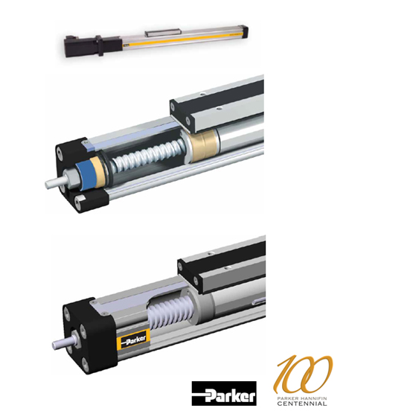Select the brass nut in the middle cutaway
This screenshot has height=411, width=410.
coord(204,146)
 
